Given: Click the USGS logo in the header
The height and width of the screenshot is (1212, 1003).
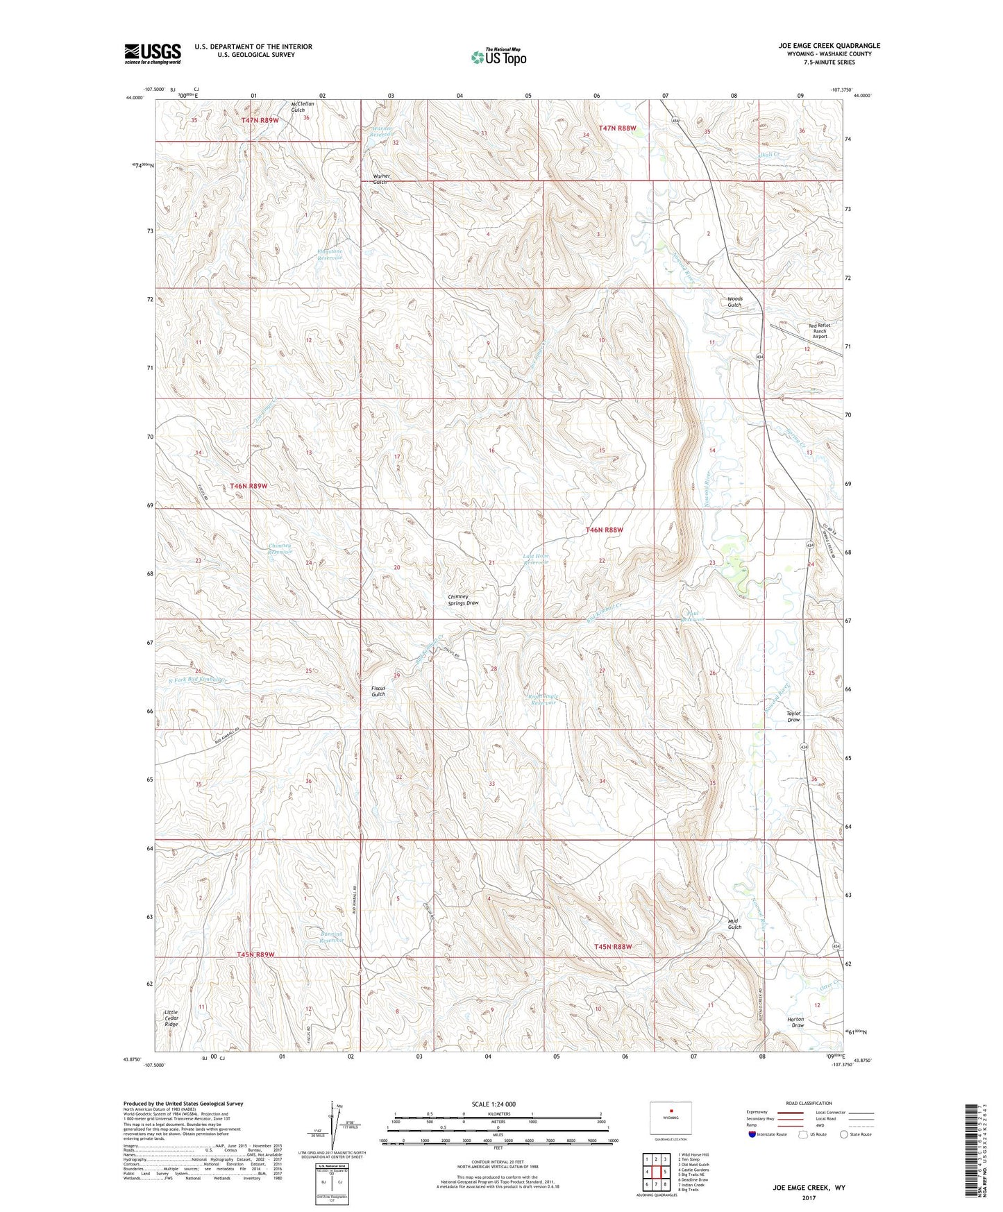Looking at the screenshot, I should pyautogui.click(x=153, y=53).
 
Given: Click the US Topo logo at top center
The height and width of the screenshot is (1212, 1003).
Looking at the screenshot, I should pyautogui.click(x=498, y=57).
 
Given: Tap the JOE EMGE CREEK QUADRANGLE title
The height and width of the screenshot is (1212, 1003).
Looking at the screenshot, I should pyautogui.click(x=829, y=46).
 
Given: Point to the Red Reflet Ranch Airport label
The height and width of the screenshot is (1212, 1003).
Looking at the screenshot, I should pyautogui.click(x=819, y=330).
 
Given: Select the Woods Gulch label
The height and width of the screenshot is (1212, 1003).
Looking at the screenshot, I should pyautogui.click(x=734, y=302).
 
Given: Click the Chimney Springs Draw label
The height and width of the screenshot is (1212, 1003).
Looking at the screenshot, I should pyautogui.click(x=463, y=600).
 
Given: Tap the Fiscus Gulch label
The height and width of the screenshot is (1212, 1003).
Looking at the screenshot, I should pyautogui.click(x=378, y=691).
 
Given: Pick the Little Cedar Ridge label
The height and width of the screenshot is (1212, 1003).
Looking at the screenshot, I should pyautogui.click(x=171, y=1018).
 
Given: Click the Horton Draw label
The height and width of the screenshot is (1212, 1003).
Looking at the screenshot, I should pyautogui.click(x=798, y=1022).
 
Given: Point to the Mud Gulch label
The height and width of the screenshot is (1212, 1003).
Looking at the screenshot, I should pyautogui.click(x=734, y=924).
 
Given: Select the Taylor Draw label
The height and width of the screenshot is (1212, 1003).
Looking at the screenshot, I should pyautogui.click(x=793, y=716).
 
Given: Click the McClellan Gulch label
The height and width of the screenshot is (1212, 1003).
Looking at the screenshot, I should pyautogui.click(x=303, y=107).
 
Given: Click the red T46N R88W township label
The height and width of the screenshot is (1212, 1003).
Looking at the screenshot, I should pyautogui.click(x=604, y=530).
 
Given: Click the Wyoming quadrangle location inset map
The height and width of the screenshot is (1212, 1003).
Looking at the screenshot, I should pyautogui.click(x=671, y=1118).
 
